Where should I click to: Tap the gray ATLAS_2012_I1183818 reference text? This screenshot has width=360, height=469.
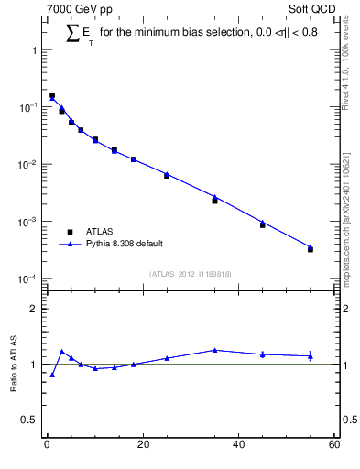click(x=190, y=273)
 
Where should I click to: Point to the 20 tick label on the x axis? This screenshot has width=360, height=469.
click(x=142, y=446)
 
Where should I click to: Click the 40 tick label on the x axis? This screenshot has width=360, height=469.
click(x=238, y=446)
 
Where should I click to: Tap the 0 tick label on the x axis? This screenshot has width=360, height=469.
click(x=47, y=446)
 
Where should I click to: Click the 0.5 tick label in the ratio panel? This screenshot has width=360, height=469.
click(x=29, y=420)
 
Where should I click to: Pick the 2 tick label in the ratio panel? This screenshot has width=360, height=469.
click(x=34, y=309)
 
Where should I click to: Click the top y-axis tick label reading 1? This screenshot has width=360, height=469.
click(x=35, y=50)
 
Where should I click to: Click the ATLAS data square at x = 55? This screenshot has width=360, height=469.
click(x=311, y=249)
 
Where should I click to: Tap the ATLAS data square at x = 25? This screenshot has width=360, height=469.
click(x=167, y=175)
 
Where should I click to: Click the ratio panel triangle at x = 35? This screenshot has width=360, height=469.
click(x=214, y=350)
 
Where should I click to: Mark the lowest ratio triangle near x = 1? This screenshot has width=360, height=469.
click(x=52, y=375)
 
